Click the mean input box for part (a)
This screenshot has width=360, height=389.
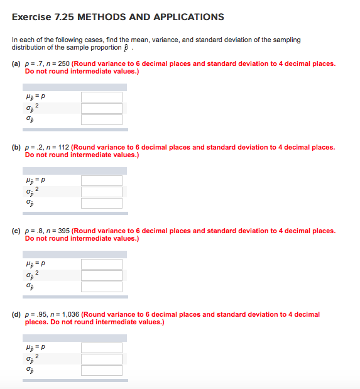(101, 97)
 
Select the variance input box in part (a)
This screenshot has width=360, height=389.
(101, 107)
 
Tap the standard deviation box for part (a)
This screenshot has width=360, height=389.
(101, 118)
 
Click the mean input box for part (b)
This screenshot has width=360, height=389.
(101, 180)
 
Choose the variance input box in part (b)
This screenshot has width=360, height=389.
(101, 191)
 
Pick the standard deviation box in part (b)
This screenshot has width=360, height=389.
(101, 202)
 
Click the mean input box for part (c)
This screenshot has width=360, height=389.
(101, 264)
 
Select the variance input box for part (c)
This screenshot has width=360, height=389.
(101, 275)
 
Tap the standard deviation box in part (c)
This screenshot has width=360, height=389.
(101, 286)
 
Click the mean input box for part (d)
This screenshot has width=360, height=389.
(101, 348)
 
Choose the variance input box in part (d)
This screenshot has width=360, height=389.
(101, 358)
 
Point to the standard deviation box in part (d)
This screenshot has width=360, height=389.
(101, 370)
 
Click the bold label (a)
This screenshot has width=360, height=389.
(16, 63)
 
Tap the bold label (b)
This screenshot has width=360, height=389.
(16, 147)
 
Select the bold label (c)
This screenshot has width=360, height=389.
(16, 231)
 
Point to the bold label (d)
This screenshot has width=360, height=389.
(16, 314)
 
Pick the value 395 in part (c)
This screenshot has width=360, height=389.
(62, 231)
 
